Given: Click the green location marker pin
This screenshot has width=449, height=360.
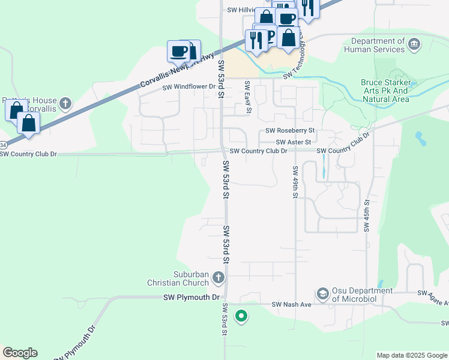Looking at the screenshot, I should [x=241, y=315].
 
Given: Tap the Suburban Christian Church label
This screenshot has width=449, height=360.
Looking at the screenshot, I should [x=179, y=278].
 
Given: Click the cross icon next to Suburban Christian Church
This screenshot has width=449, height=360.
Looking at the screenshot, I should [x=218, y=277].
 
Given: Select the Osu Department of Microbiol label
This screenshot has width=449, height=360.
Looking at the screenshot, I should [x=361, y=295].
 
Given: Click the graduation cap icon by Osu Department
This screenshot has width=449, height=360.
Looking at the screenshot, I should [x=322, y=293].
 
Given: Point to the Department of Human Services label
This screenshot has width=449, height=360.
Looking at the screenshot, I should [x=378, y=45].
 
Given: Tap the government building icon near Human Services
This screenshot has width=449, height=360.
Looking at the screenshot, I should [x=414, y=44].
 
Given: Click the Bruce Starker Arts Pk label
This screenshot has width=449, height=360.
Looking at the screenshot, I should [x=386, y=91].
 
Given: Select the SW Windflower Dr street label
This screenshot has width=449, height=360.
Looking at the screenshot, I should [x=188, y=87].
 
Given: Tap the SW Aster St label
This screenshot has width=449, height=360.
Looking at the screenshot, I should [x=294, y=142].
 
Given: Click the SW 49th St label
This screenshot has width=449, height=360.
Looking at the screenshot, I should [x=295, y=182].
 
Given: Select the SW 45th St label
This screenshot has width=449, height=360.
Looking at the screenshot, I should [x=366, y=217].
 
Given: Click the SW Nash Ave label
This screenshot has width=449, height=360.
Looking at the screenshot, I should [x=292, y=305].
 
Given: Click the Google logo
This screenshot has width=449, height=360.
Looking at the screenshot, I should [x=20, y=353].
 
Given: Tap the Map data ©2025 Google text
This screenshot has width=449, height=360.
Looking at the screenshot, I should [x=411, y=355].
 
